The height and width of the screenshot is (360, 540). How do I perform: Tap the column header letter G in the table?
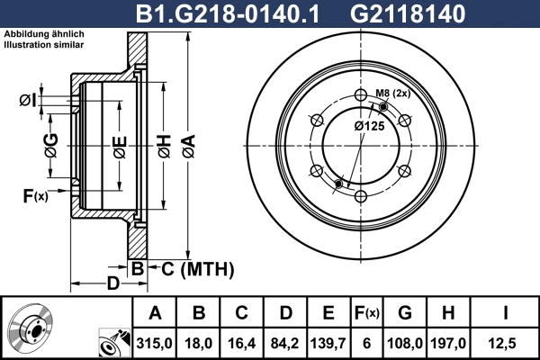[x=405, y=312]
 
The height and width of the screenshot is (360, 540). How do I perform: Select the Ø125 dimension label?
[x=369, y=125]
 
